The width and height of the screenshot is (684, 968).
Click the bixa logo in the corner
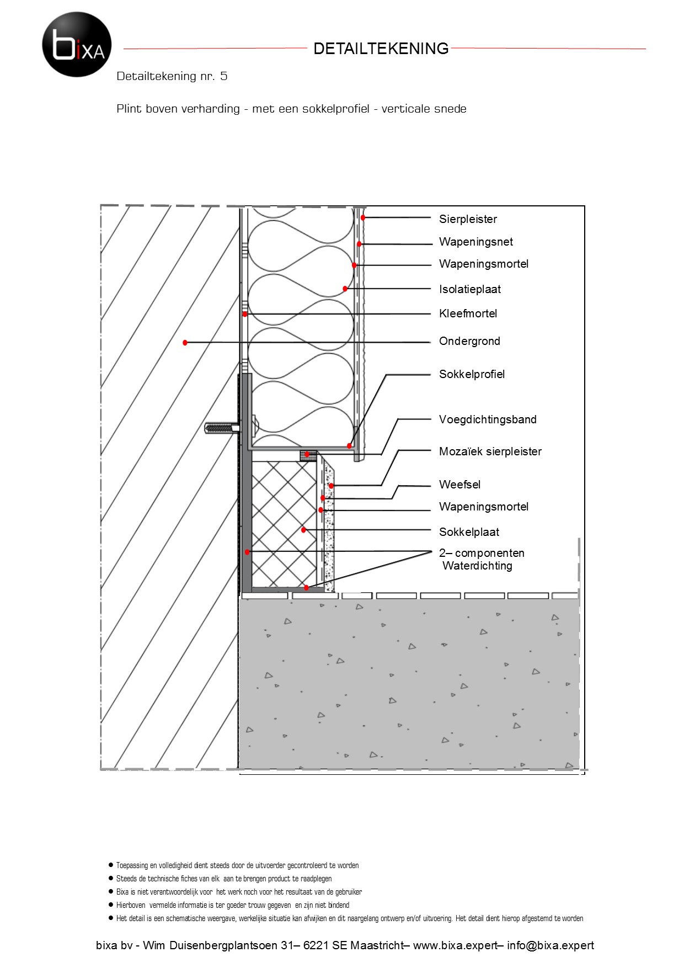coord(77,44)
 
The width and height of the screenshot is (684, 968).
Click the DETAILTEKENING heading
coord(381,49)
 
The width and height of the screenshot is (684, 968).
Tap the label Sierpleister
coord(468,219)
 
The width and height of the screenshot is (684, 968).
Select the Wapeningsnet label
coord(475,242)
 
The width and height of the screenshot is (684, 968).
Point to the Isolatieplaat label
coord(469,289)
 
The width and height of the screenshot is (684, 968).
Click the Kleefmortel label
coord(468,313)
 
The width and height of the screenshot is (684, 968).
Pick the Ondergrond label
coord(469,341)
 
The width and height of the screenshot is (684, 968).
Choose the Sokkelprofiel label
coord(472,374)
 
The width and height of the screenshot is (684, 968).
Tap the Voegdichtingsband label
coord(488,419)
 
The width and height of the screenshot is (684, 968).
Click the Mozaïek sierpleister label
coord(490,451)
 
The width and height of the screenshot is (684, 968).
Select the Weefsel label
coord(459,485)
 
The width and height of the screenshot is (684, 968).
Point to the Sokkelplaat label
coord(469,532)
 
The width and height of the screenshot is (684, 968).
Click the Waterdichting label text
coord(477,566)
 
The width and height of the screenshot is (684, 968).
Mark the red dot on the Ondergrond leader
coord(185,343)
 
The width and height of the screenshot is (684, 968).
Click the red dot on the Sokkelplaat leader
coord(303,530)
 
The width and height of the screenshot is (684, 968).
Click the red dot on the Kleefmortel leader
coord(245,314)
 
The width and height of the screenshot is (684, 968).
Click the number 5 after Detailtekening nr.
coord(223,76)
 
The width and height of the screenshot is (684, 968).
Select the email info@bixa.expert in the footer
coord(550,945)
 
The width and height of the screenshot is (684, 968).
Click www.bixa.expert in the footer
coord(455,945)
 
